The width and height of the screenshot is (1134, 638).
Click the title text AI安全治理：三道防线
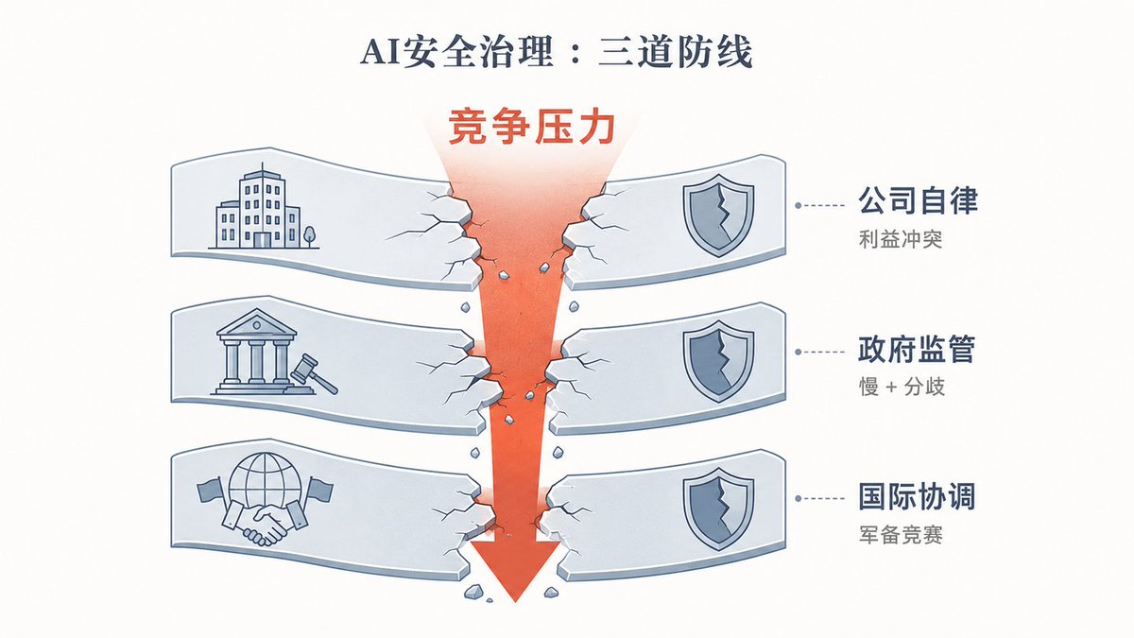(x=556, y=52)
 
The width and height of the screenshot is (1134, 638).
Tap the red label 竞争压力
(x=531, y=128)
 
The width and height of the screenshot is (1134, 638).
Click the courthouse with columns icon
(x=256, y=352)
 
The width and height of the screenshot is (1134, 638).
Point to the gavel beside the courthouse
(x=315, y=373)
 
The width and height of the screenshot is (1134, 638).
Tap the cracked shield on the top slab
(x=718, y=218)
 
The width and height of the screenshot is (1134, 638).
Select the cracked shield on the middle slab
(x=718, y=361)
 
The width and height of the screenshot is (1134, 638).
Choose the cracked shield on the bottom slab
(x=718, y=509)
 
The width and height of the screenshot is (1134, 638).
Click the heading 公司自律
(x=918, y=200)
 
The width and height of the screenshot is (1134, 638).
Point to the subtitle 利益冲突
(x=901, y=239)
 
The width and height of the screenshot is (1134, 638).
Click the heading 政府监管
(x=917, y=349)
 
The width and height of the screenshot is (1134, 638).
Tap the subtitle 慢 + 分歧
(x=902, y=388)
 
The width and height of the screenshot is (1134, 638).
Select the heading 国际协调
(x=917, y=496)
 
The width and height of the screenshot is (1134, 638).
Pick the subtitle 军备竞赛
(x=901, y=535)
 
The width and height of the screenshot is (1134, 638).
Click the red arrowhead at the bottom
(x=516, y=567)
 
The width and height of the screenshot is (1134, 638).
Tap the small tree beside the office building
(x=309, y=236)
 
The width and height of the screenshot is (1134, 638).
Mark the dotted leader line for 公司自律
(x=820, y=206)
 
